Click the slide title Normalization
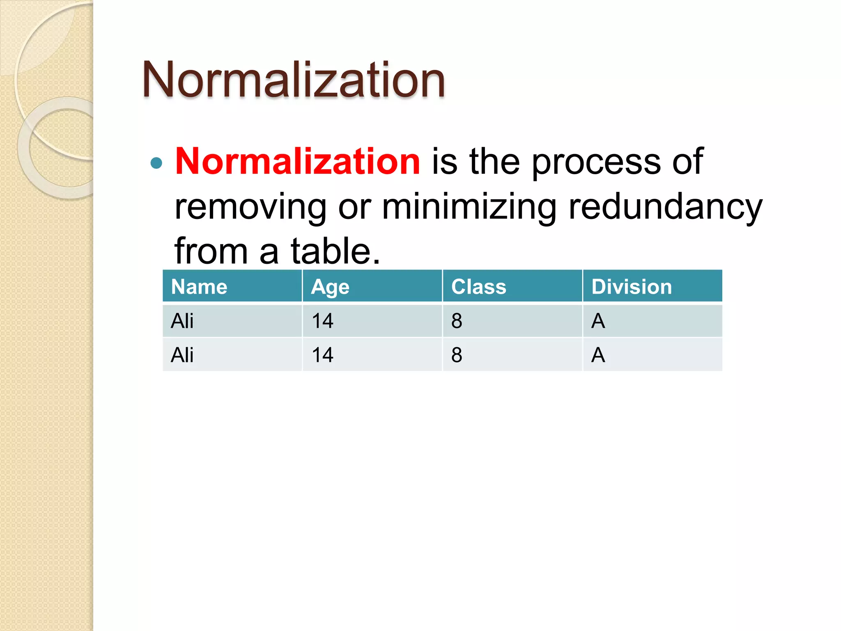(293, 80)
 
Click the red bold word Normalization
(297, 161)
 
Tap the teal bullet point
(156, 163)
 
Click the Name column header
(199, 286)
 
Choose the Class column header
(478, 286)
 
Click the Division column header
(631, 286)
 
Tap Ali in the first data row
(182, 321)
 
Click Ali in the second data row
(182, 355)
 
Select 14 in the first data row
(322, 321)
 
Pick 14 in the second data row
(322, 355)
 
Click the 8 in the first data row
(457, 321)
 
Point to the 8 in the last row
(457, 355)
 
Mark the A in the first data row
(598, 321)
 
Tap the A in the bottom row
(598, 355)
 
